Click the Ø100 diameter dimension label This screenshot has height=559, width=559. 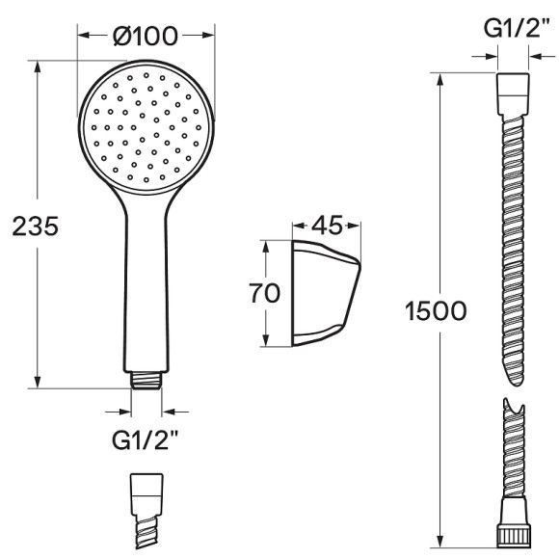(x=146, y=36)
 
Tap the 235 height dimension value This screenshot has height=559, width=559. (x=36, y=226)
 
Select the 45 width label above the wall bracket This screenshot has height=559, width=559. (x=327, y=225)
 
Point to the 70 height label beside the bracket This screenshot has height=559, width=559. (x=264, y=293)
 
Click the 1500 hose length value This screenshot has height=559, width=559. (x=436, y=311)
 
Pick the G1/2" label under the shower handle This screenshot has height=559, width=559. (x=145, y=440)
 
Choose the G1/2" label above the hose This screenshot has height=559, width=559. (x=517, y=28)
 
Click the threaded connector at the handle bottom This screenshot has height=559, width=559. (x=146, y=380)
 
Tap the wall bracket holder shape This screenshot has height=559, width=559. (x=326, y=293)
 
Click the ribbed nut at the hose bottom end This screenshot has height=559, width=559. (x=514, y=538)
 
